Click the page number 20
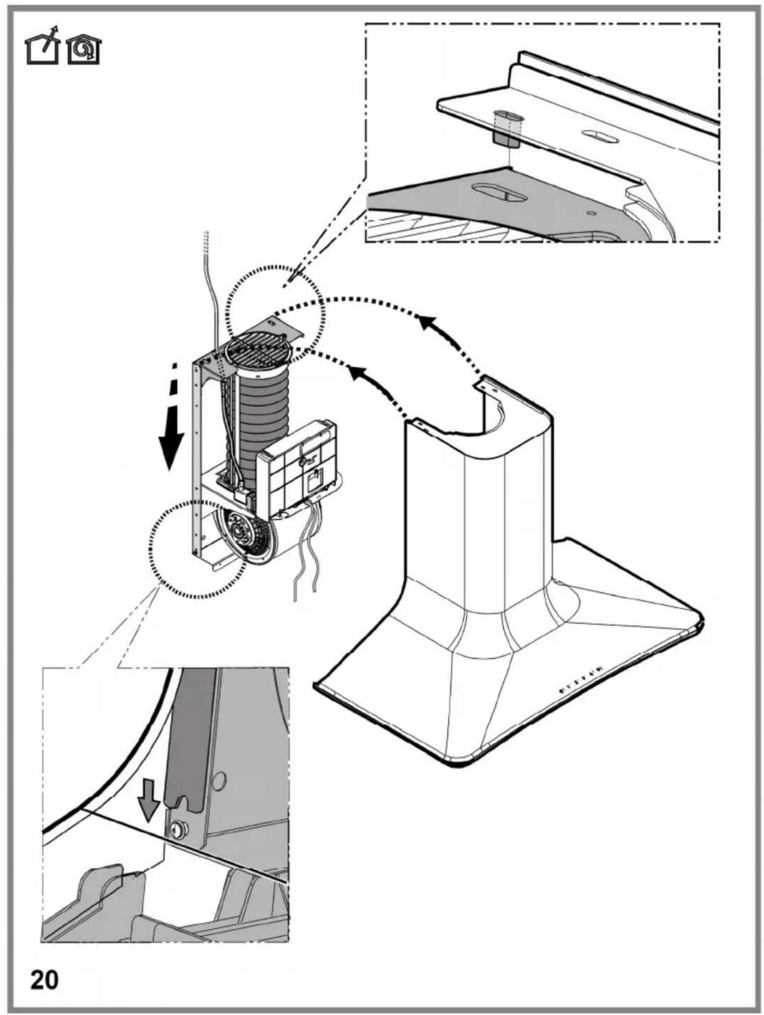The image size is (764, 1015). tap(44, 980)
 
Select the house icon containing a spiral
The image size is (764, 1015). tap(84, 50)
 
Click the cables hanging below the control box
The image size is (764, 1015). tap(307, 550)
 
